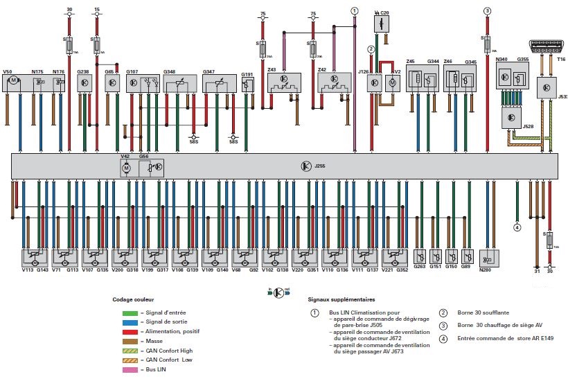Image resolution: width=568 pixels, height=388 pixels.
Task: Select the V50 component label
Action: point(8,71)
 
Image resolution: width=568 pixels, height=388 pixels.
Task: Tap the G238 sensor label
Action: point(83,71)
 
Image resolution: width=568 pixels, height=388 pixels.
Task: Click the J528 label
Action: point(529,127)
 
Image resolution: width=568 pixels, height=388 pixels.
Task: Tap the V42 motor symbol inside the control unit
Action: point(126,168)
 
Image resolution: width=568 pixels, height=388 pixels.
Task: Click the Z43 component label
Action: point(272,70)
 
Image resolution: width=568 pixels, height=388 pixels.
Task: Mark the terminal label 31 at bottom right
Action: point(537,272)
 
